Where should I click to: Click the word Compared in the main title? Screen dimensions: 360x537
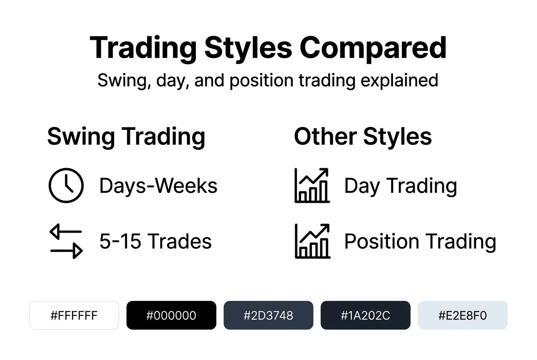[x=373, y=48]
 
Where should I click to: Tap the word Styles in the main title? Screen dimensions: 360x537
[x=248, y=48]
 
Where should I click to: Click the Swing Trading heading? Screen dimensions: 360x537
[x=126, y=137]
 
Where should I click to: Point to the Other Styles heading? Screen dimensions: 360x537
[x=363, y=137]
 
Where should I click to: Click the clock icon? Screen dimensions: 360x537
[x=66, y=185]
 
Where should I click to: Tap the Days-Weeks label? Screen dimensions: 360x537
[x=158, y=186]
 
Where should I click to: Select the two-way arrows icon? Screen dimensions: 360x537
[x=66, y=242]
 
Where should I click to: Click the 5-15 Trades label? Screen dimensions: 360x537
[x=155, y=242]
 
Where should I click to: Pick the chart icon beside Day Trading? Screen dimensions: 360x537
[x=312, y=185]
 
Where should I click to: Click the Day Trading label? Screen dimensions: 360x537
[x=400, y=186]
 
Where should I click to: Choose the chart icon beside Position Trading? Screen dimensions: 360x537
[x=312, y=241]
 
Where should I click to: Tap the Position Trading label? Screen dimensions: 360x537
[x=420, y=242]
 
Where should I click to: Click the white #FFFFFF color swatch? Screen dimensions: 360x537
[x=74, y=315]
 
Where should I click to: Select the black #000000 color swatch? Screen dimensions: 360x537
[x=171, y=315]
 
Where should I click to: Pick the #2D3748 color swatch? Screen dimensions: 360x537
[x=268, y=315]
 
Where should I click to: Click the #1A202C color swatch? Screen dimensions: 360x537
[x=365, y=315]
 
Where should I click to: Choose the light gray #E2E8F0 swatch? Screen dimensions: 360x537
[x=463, y=315]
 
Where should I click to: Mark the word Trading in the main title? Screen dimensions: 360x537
[x=144, y=48]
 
